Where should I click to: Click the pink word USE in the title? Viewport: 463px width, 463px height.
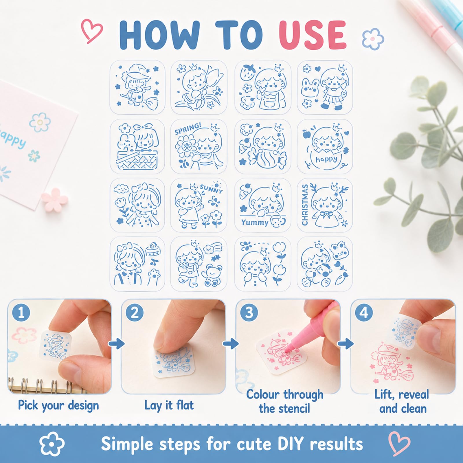[313, 35]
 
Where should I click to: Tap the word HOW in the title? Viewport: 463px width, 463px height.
[159, 35]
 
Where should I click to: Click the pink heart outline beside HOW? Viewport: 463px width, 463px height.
[92, 31]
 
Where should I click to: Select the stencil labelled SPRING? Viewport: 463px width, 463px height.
[199, 146]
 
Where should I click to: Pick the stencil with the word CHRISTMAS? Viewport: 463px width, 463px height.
[325, 205]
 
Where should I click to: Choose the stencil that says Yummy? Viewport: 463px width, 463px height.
[262, 205]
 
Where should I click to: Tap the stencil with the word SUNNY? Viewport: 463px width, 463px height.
[199, 205]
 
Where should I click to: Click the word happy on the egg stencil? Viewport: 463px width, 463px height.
[326, 159]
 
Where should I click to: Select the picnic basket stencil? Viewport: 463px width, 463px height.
[137, 146]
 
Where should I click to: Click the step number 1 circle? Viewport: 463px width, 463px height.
[21, 313]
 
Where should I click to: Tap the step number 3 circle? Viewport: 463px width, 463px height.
[249, 313]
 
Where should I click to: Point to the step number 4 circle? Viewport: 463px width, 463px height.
[363, 313]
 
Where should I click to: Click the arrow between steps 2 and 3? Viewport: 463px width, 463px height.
[231, 343]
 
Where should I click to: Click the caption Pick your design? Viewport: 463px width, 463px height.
[58, 405]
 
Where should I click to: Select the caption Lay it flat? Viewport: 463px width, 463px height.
[169, 405]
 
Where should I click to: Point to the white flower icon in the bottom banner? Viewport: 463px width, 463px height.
[52, 444]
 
